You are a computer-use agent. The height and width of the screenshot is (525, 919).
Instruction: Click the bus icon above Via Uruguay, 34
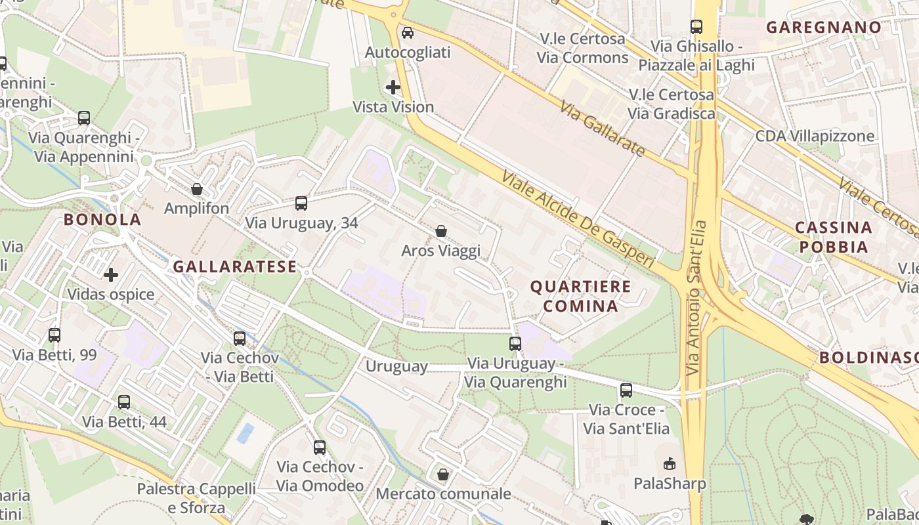point(301,203)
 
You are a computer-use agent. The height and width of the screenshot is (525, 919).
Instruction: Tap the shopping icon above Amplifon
point(196,190)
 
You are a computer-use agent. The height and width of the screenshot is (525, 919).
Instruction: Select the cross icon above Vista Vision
point(393,87)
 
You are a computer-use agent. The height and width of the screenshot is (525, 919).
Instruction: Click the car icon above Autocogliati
point(408,33)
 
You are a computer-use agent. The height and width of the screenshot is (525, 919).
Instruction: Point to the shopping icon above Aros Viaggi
point(441,231)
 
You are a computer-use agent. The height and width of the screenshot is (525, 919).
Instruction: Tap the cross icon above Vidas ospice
point(111,274)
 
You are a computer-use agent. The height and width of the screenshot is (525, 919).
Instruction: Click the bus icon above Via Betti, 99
point(54,335)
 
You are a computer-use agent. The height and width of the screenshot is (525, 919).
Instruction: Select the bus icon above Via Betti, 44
point(124,402)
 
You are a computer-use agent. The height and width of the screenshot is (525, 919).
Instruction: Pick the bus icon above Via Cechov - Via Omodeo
point(320,448)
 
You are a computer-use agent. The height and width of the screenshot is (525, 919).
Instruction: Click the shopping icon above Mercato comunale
point(443,474)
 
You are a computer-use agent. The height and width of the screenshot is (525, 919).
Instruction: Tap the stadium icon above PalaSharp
point(670,464)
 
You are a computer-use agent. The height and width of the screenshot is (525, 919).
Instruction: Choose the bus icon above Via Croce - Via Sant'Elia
point(626,390)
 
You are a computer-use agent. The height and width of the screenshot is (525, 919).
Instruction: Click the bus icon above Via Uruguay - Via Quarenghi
point(515,343)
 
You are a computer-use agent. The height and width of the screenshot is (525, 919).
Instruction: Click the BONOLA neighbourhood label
point(102,220)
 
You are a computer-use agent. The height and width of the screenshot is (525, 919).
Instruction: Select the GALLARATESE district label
point(235,267)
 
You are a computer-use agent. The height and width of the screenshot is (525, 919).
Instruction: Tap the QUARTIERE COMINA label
point(580,296)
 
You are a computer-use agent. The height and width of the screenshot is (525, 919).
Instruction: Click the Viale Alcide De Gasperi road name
point(578,219)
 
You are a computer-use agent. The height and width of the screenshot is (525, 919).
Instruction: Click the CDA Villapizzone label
point(815,136)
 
